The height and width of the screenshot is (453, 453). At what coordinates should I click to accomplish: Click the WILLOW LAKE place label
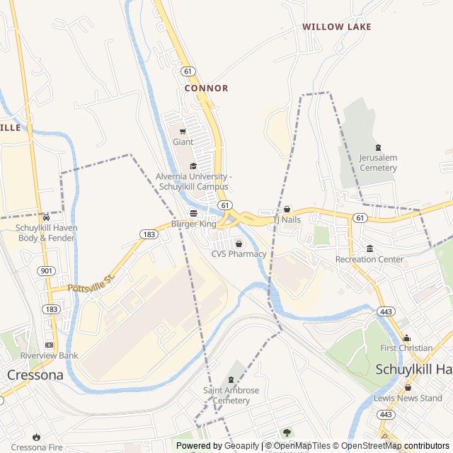(x=337, y=27)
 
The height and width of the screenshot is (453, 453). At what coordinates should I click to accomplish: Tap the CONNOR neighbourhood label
(x=206, y=88)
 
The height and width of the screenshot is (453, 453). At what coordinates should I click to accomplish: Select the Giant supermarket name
(x=183, y=142)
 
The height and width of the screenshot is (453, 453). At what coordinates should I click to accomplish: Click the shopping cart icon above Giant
(x=183, y=131)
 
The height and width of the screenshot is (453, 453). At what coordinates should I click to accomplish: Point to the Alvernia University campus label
(x=193, y=181)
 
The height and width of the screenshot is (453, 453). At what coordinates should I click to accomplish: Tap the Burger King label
(x=193, y=224)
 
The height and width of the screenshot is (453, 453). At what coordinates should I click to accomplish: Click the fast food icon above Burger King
(x=193, y=213)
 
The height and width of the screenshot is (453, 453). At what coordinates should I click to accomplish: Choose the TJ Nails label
(x=287, y=219)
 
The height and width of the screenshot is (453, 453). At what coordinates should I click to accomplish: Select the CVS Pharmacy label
(x=239, y=254)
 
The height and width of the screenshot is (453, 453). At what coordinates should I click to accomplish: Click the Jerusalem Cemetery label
(x=378, y=163)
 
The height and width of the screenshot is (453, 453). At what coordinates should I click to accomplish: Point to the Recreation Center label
(x=369, y=259)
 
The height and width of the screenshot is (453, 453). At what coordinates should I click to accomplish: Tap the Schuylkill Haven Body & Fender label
(x=47, y=233)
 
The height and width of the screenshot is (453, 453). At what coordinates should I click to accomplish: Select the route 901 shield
(x=46, y=270)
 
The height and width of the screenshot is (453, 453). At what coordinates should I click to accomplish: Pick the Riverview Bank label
(x=49, y=355)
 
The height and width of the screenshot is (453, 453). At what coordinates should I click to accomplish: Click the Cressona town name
(x=35, y=374)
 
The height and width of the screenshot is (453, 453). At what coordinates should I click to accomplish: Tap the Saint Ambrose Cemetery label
(x=231, y=396)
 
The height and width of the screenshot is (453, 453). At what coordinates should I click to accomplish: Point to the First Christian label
(x=406, y=348)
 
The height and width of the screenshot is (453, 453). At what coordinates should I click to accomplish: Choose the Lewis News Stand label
(x=408, y=398)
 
